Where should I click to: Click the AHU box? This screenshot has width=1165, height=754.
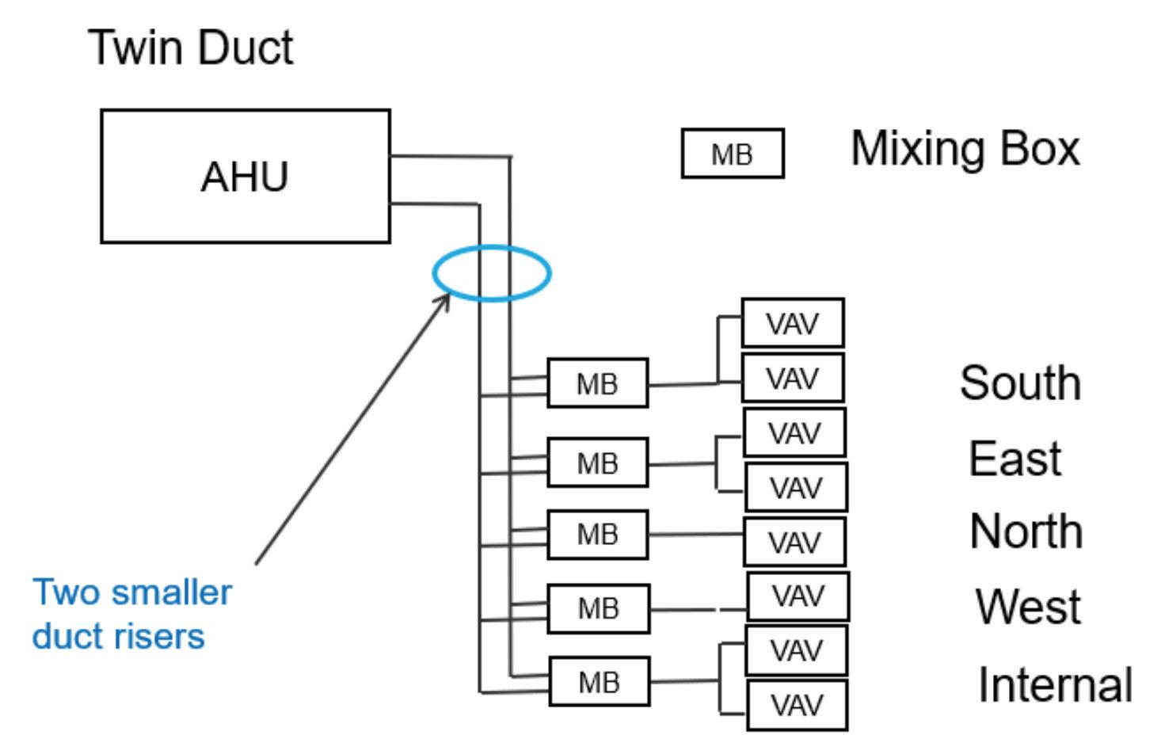click(x=246, y=176)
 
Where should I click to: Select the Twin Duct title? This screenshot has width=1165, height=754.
click(x=191, y=47)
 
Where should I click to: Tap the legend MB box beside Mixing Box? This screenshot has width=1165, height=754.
click(x=733, y=154)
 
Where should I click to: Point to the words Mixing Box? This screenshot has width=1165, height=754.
click(x=965, y=148)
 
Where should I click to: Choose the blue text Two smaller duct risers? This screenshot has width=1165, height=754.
click(x=131, y=614)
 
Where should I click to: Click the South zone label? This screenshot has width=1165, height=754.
click(x=1020, y=383)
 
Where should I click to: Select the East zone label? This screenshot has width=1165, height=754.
click(x=1015, y=459)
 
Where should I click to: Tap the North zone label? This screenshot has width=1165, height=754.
click(x=1026, y=531)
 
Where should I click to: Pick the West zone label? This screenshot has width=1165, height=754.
click(x=1027, y=607)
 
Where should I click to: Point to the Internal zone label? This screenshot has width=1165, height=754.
click(x=1055, y=684)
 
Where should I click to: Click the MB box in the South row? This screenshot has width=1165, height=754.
click(x=597, y=383)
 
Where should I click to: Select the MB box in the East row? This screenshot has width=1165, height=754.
click(x=597, y=463)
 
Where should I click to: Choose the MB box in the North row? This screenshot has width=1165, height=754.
click(x=597, y=535)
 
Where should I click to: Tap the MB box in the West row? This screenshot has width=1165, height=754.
click(x=598, y=608)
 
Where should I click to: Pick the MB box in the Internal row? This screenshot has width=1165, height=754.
click(x=600, y=681)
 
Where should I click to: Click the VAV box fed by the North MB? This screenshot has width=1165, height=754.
click(x=794, y=543)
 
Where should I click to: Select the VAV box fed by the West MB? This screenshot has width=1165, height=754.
click(x=798, y=596)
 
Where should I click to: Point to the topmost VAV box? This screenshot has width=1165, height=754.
click(x=793, y=323)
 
